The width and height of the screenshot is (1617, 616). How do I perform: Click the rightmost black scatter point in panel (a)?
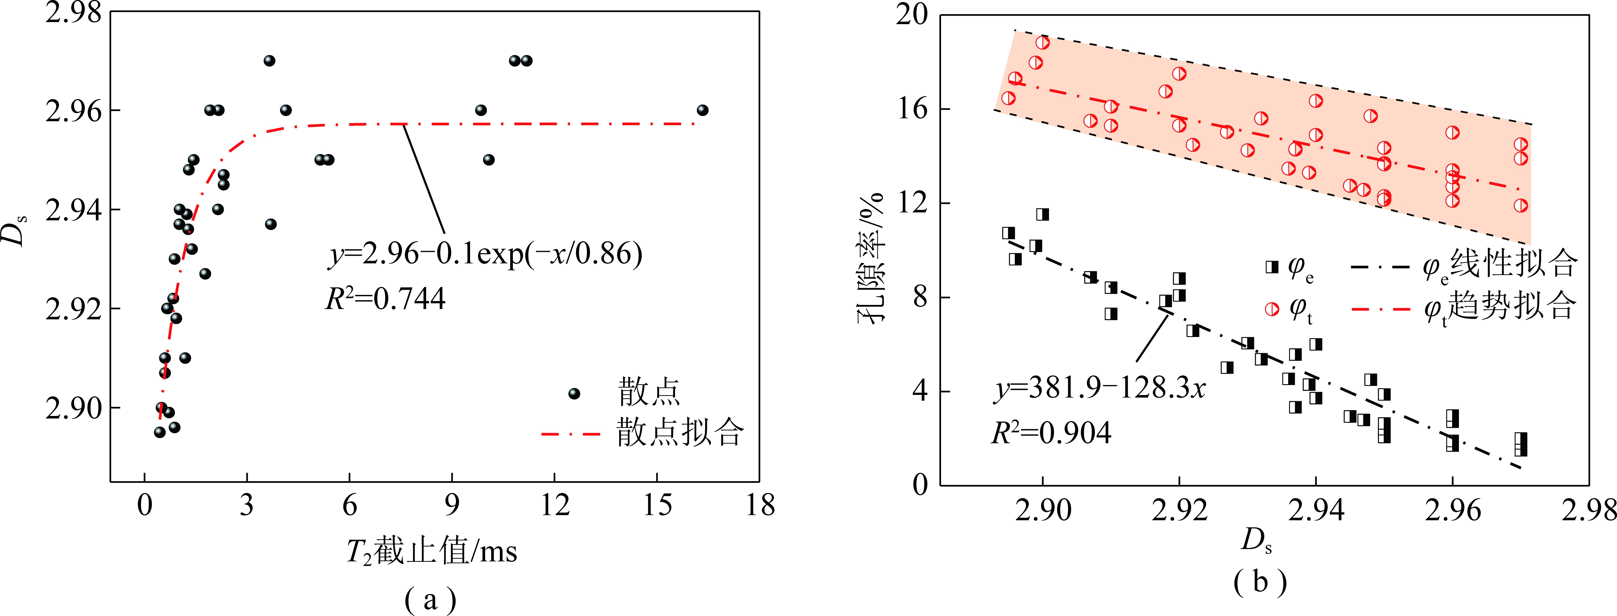coord(702,110)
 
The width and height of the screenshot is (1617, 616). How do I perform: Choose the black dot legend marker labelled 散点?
coord(574,394)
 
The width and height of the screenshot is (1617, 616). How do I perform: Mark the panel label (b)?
coord(1260,582)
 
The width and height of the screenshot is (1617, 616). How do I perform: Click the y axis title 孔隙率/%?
coord(871,257)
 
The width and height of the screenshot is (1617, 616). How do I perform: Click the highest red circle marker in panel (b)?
coord(1043,43)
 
